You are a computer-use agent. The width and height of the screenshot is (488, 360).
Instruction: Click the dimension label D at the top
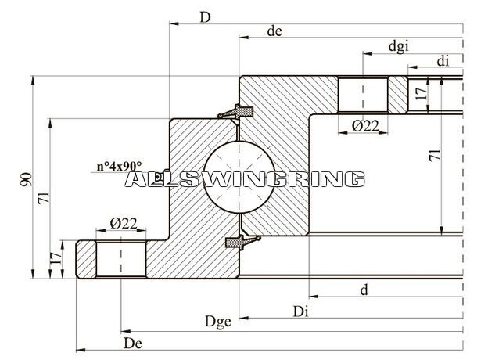pyautogui.click(x=205, y=17)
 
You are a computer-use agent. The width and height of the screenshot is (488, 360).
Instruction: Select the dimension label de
pyautogui.click(x=274, y=31)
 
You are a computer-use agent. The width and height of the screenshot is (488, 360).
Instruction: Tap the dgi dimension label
pyautogui.click(x=398, y=47)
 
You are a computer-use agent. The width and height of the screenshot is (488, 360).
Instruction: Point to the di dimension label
pyautogui.click(x=443, y=61)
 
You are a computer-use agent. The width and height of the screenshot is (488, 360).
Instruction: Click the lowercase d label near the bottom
pyautogui.click(x=364, y=290)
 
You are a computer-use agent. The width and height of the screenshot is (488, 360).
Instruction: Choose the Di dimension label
pyautogui.click(x=300, y=311)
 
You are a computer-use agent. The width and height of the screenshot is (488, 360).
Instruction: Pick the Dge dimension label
pyautogui.click(x=218, y=322)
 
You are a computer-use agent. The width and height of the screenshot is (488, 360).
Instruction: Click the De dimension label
pyautogui.click(x=133, y=344)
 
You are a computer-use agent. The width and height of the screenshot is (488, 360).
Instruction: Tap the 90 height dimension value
pyautogui.click(x=27, y=179)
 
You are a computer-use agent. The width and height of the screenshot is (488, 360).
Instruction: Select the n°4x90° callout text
pyautogui.click(x=119, y=166)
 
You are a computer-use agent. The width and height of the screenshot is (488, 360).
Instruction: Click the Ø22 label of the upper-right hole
pyautogui.click(x=365, y=126)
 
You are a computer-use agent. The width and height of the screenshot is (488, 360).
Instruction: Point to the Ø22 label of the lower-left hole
pyautogui.click(x=124, y=223)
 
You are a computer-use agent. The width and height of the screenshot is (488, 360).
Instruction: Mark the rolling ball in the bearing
pyautogui.click(x=239, y=177)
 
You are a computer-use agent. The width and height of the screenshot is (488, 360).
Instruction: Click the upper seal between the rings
pyautogui.click(x=236, y=112)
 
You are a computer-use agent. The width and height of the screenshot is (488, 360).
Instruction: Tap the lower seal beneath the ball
pyautogui.click(x=242, y=242)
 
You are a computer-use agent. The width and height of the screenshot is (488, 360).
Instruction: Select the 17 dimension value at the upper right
pyautogui.click(x=421, y=93)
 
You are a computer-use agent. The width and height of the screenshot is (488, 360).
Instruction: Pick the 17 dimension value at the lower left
pyautogui.click(x=56, y=258)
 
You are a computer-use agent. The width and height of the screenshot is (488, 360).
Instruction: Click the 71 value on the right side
pyautogui.click(x=435, y=155)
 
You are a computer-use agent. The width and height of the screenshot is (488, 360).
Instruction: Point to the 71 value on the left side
pyautogui.click(x=44, y=198)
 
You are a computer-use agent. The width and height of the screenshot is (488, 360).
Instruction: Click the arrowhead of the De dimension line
pyautogui.click(x=81, y=351)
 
